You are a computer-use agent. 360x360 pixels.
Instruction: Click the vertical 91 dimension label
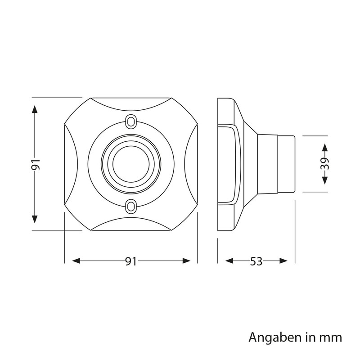click(36, 164)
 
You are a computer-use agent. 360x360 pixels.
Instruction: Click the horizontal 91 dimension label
click(131, 261)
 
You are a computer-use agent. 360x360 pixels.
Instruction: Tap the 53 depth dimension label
click(256, 261)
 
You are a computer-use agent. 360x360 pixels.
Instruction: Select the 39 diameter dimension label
click(324, 164)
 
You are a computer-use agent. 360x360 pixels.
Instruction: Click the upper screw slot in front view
click(131, 121)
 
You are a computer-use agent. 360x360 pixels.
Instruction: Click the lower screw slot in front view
click(131, 206)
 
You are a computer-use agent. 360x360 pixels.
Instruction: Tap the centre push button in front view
click(131, 164)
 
